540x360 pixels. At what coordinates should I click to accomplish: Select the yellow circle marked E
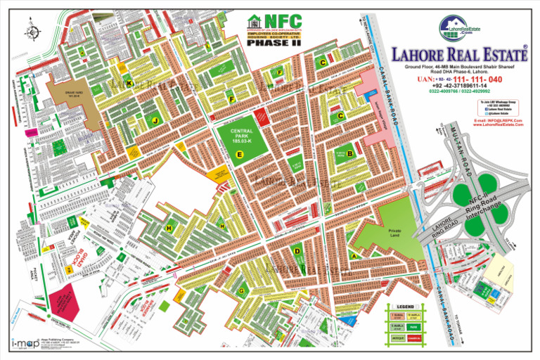240,153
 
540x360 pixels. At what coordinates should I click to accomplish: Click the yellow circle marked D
298,251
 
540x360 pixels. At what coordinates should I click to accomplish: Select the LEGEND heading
406,307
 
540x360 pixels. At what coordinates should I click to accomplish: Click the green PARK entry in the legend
415,327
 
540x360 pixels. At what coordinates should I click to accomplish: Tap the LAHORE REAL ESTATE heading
460,54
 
